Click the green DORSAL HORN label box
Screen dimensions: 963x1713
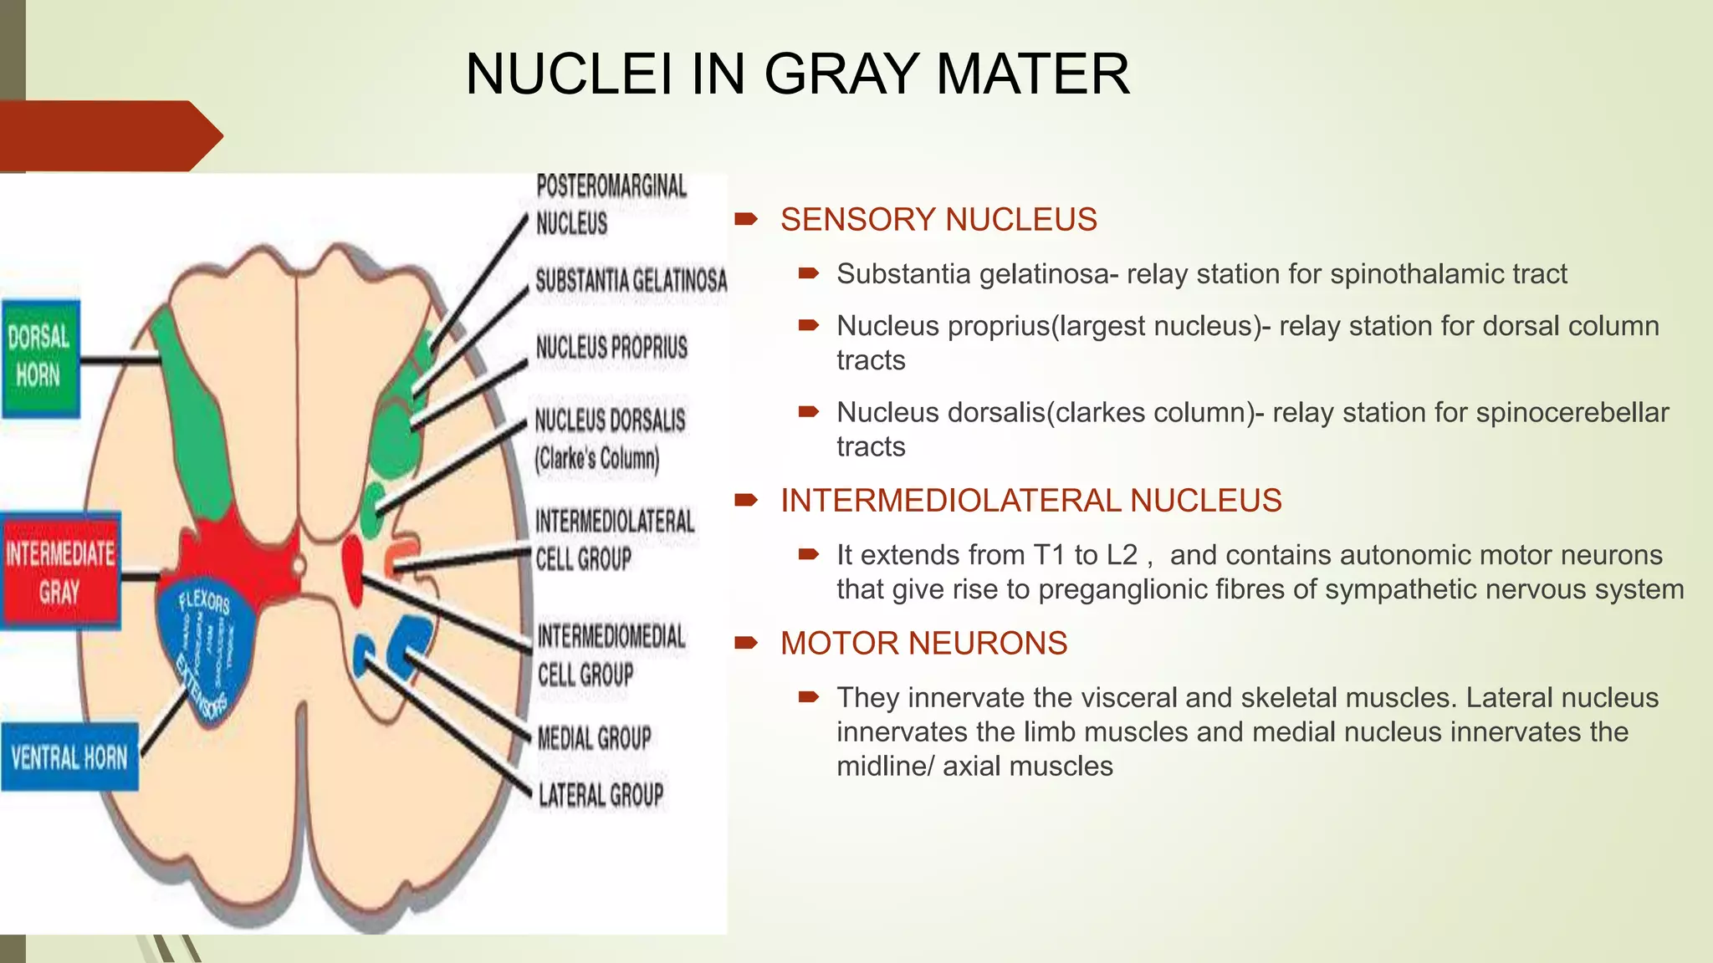point(40,359)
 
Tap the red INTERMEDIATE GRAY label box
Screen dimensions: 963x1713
point(60,571)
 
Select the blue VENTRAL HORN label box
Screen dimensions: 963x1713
point(69,757)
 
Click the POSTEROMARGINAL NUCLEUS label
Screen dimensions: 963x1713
point(611,204)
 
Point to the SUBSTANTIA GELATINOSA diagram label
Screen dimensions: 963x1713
point(631,280)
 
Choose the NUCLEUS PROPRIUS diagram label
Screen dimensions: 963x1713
point(611,347)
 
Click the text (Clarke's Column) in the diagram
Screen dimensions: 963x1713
point(597,458)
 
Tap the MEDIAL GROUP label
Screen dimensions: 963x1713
point(594,737)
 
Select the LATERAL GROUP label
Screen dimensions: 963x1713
point(601,794)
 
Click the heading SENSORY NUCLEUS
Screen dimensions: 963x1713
point(938,220)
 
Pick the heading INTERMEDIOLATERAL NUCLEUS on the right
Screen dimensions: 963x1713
point(1030,501)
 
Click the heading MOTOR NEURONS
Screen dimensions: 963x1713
point(923,644)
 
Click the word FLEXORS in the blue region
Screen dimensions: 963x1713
point(204,601)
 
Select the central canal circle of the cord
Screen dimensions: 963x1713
point(298,566)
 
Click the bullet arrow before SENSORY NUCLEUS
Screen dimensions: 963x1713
point(745,220)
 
